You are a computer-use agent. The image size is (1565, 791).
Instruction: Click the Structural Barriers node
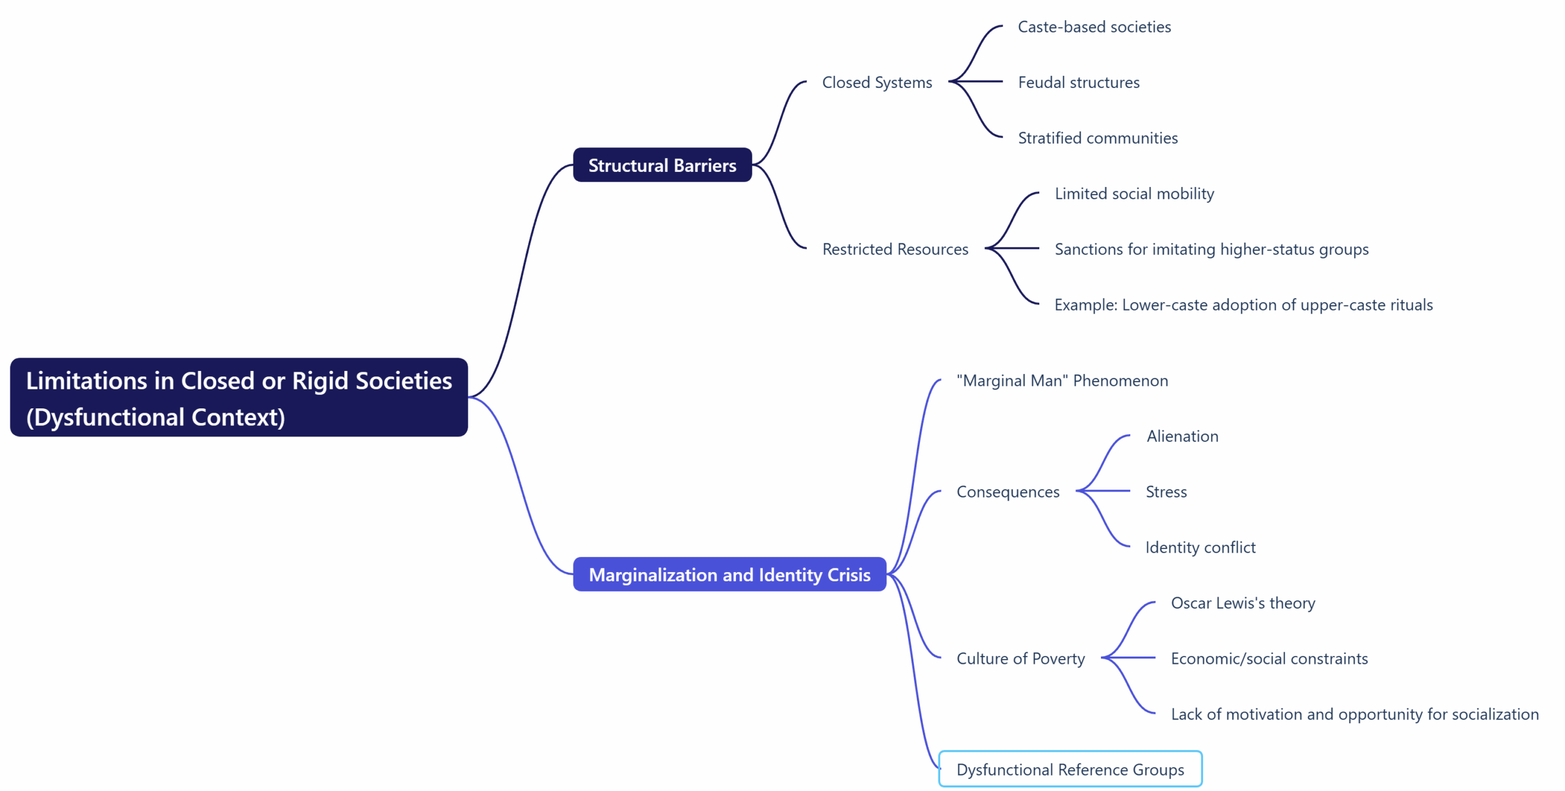[x=662, y=165]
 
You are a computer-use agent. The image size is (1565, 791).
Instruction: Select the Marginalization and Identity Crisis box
[x=729, y=575]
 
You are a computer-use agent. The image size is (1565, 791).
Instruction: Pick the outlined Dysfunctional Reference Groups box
[x=1070, y=769]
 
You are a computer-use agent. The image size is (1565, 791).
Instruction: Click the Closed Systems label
[x=877, y=83]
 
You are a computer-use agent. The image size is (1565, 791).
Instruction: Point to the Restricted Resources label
[x=895, y=249]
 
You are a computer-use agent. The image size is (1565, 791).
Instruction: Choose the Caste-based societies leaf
[x=1094, y=27]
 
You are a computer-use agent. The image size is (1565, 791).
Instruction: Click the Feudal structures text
[x=1078, y=83]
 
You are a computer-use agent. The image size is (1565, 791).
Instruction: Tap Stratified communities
[x=1097, y=138]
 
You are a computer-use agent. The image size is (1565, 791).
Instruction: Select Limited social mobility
[x=1134, y=194]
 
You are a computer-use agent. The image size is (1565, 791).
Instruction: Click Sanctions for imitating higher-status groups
[x=1211, y=249]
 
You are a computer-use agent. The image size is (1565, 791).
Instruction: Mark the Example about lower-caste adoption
[x=1243, y=305]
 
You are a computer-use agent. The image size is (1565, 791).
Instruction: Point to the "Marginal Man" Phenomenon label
[x=1062, y=381]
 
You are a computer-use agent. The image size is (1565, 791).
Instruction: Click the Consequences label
[x=1007, y=492]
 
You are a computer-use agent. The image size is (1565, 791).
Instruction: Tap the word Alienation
[x=1182, y=436]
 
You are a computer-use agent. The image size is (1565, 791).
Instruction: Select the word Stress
[x=1166, y=492]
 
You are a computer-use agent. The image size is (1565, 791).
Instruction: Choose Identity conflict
[x=1200, y=548]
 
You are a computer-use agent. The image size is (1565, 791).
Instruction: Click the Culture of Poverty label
[x=1020, y=659]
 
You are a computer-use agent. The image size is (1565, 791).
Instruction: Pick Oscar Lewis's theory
[x=1242, y=603]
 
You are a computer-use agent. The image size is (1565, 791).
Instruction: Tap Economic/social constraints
[x=1269, y=659]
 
